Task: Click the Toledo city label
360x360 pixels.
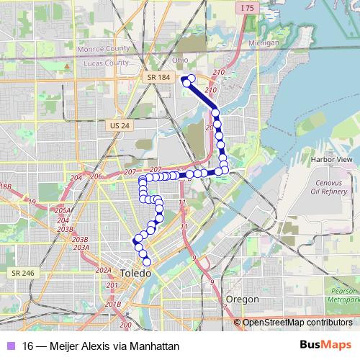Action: click(135, 274)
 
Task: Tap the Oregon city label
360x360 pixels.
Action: click(242, 299)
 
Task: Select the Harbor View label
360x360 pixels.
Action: click(331, 158)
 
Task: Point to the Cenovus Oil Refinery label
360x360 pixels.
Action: click(333, 187)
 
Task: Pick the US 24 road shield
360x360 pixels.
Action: click(120, 125)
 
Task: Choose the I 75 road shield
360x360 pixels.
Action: click(248, 8)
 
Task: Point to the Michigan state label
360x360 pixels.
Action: click(263, 43)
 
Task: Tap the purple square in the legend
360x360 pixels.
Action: click(11, 346)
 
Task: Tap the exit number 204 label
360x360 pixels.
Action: click(76, 177)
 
